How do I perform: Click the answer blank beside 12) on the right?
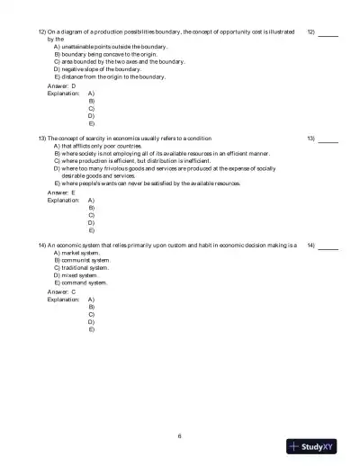click(328, 33)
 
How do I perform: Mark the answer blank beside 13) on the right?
click(328, 140)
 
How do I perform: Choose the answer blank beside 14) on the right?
click(328, 247)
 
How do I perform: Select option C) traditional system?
click(81, 267)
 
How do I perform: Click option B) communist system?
click(81, 260)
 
